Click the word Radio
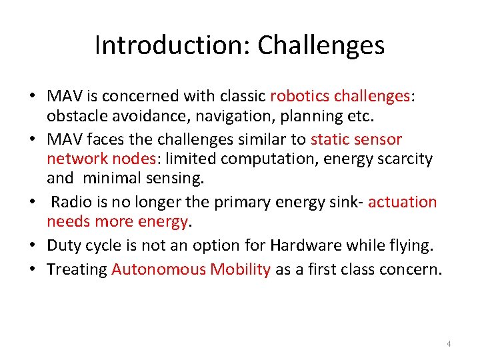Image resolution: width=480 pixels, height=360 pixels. click(70, 202)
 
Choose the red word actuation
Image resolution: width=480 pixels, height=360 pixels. click(402, 202)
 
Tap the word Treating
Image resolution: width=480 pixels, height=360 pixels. click(77, 269)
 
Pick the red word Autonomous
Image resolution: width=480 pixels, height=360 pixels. click(158, 269)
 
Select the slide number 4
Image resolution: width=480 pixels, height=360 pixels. click(449, 343)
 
